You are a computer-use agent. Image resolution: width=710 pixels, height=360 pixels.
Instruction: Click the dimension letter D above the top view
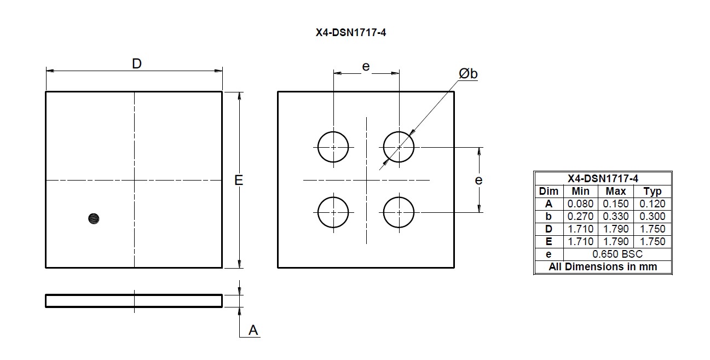137,64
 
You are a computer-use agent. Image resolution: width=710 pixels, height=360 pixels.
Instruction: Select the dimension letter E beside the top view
239,180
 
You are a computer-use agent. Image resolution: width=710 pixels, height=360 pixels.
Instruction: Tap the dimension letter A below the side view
253,330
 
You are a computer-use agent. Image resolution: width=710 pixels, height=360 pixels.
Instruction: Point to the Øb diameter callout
468,74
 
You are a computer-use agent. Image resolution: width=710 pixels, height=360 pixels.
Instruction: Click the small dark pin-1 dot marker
94,219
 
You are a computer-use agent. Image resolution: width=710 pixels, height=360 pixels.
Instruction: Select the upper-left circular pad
333,147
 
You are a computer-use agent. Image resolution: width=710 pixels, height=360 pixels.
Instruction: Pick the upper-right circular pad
399,147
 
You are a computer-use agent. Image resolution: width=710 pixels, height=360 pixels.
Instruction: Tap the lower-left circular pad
333,212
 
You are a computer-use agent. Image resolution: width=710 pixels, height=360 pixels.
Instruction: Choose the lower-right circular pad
399,212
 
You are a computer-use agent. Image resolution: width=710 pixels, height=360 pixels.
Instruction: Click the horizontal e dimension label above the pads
366,67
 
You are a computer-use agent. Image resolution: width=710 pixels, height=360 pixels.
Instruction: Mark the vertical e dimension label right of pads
478,180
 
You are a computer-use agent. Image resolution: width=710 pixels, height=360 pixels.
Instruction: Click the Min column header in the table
580,191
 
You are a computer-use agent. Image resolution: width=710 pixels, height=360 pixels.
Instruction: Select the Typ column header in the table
653,191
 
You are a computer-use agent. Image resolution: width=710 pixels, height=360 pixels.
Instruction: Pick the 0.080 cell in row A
580,204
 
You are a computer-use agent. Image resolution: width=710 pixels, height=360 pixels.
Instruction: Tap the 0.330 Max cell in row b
616,216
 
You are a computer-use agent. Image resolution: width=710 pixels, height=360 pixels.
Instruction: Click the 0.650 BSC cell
617,254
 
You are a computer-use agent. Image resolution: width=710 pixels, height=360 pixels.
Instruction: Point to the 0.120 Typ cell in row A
653,204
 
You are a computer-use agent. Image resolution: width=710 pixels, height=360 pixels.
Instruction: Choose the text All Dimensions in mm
603,267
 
